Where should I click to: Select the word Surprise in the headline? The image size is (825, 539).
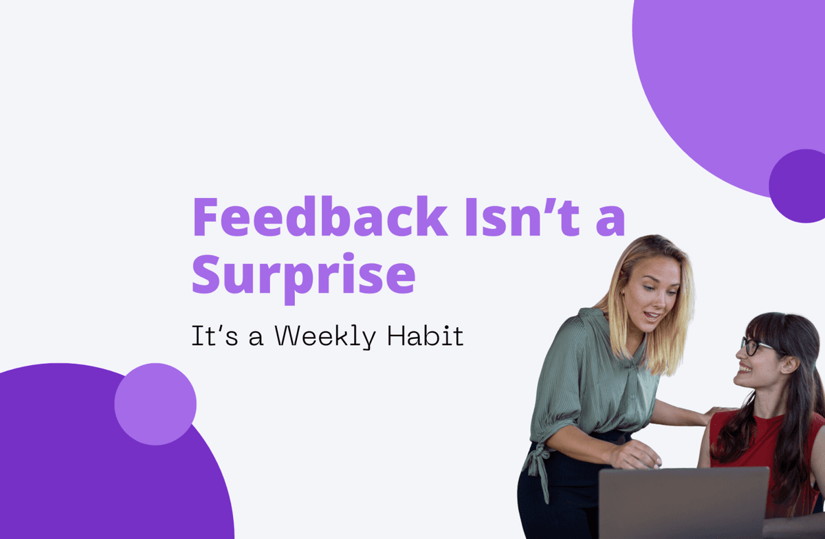pyautogui.click(x=303, y=274)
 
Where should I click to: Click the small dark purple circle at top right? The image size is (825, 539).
pyautogui.click(x=797, y=186)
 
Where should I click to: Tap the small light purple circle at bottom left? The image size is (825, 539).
pyautogui.click(x=155, y=404)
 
